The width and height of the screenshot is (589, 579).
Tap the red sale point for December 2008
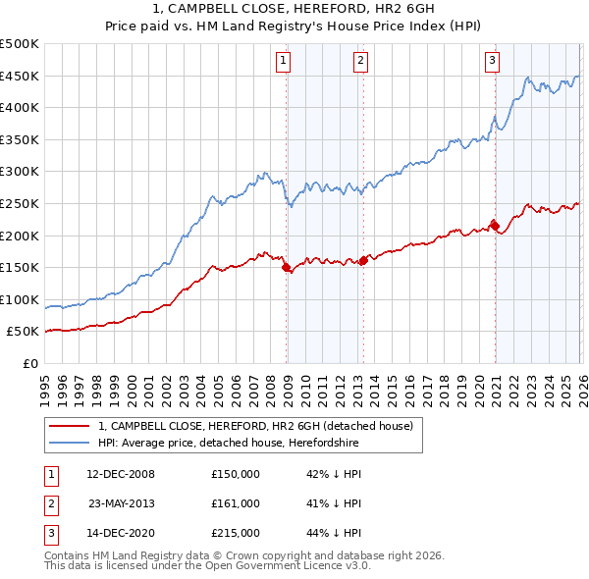coord(287,267)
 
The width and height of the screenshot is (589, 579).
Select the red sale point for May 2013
coord(363,260)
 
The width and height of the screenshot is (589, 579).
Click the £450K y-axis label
coord(20,76)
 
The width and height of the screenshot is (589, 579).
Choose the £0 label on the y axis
coord(30,363)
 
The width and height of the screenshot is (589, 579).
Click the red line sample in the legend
coord(69,426)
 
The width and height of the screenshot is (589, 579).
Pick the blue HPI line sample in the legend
coord(69,444)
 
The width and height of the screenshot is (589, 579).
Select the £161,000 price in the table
coord(236,503)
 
